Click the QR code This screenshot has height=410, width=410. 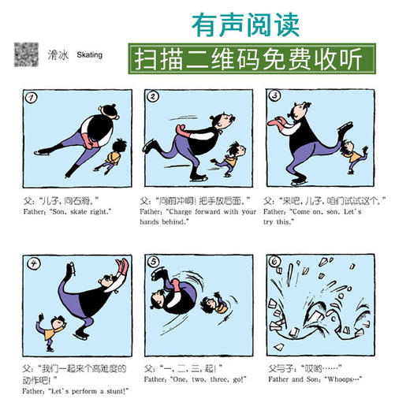pyautogui.click(x=25, y=54)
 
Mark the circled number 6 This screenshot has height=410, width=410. pyautogui.click(x=277, y=264)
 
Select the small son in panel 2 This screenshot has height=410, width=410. pyautogui.click(x=233, y=158)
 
